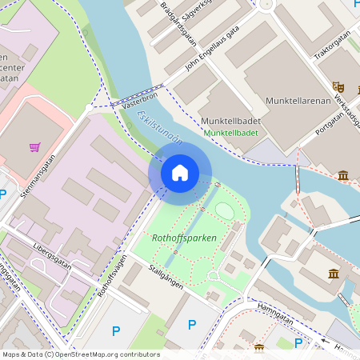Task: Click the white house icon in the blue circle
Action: point(180,172)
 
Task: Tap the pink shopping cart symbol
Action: point(35,147)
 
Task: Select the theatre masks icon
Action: point(338,85)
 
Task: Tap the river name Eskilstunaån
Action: point(160,128)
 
